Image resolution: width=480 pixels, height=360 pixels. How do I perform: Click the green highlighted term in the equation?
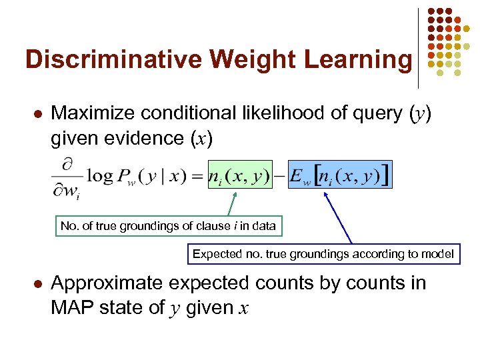[240, 175]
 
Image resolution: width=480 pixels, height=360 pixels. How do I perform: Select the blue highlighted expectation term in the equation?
[341, 175]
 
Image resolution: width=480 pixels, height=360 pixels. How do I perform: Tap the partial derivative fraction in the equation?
[67, 176]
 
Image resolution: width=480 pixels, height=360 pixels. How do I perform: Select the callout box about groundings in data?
[168, 226]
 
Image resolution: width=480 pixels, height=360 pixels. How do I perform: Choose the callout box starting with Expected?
[323, 253]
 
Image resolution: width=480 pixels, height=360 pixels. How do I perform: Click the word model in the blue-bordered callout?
[439, 253]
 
